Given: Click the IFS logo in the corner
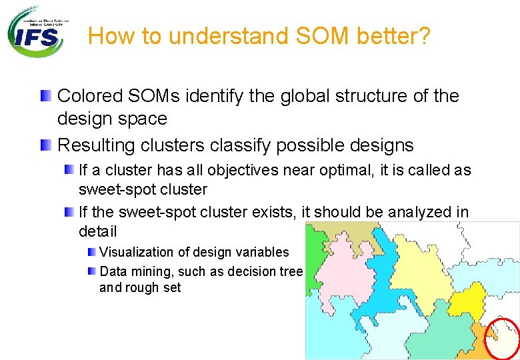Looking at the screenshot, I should click(38, 31).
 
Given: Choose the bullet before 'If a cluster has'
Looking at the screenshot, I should click(69, 171).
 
